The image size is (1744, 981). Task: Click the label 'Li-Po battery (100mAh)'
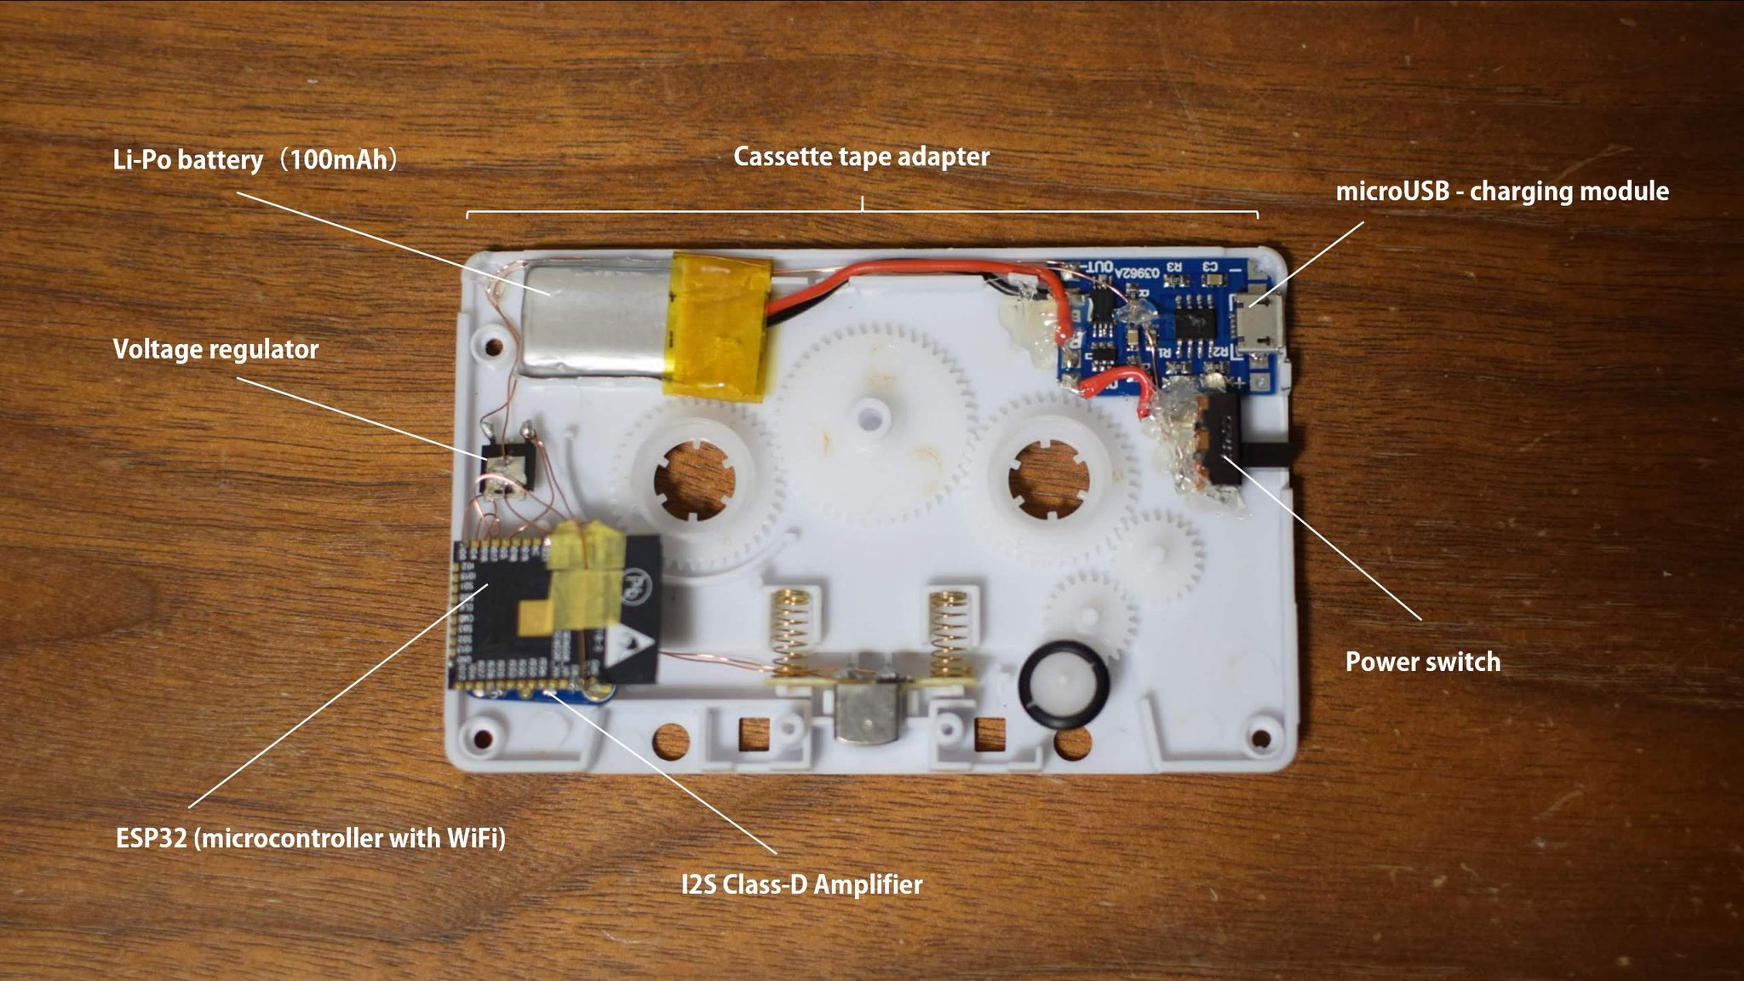(x=255, y=160)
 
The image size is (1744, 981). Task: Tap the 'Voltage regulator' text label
(x=215, y=349)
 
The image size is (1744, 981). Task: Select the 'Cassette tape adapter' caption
(x=861, y=157)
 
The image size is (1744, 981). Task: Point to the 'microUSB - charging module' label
(x=1501, y=191)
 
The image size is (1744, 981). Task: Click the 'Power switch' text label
(x=1422, y=662)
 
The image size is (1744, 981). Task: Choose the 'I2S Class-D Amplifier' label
(x=801, y=884)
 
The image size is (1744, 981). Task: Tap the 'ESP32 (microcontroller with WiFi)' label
(x=311, y=838)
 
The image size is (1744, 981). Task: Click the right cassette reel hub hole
(x=1048, y=480)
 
